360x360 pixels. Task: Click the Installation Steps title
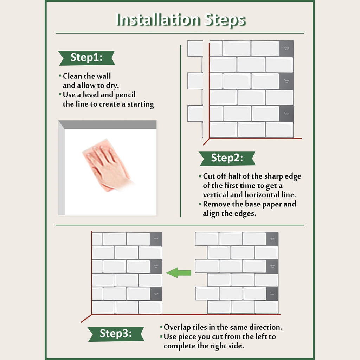pos(180,20)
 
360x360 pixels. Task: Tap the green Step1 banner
pos(86,58)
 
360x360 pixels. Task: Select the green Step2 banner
pos(227,159)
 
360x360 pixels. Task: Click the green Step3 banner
pos(116,334)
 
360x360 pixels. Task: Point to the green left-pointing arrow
pos(179,272)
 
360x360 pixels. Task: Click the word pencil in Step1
pos(125,95)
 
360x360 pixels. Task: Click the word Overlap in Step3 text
pos(177,328)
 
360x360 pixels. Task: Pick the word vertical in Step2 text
pos(216,195)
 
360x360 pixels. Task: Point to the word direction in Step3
pos(266,328)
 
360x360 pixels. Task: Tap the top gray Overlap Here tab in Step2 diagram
pos(286,48)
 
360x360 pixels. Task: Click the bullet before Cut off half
pos(200,176)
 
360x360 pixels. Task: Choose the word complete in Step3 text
pos(179,346)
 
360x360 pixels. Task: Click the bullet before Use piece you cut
pos(161,336)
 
